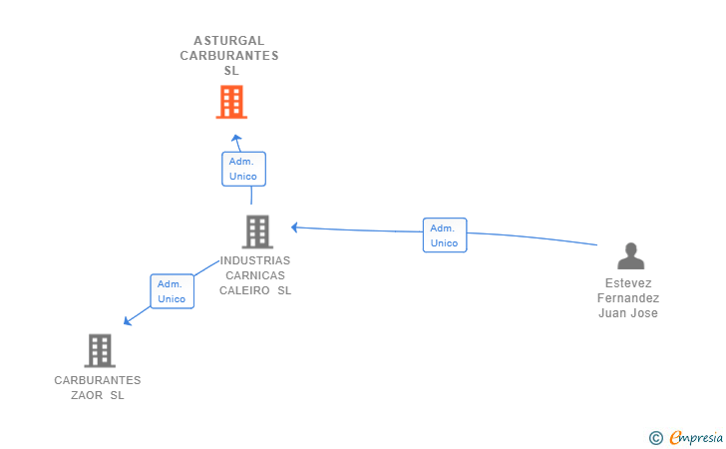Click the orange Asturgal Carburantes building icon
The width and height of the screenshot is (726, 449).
[x=231, y=102]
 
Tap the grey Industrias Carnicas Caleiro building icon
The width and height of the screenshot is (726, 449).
[x=257, y=231]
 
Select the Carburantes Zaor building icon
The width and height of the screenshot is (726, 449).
[x=99, y=350]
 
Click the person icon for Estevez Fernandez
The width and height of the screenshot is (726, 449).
[x=630, y=256]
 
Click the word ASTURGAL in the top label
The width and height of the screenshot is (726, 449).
[x=229, y=41]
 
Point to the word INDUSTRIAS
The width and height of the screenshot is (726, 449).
[x=255, y=260]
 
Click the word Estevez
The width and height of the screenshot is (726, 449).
[x=628, y=283]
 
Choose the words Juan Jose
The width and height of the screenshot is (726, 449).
[x=628, y=313]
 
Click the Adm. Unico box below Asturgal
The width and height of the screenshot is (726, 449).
[x=243, y=169]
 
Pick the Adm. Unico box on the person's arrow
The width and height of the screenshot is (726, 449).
[x=444, y=235]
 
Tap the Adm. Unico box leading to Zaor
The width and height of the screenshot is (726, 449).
[x=172, y=291]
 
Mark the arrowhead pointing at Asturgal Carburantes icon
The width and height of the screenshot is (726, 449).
[x=235, y=138]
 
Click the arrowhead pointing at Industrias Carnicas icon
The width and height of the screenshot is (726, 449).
[x=295, y=227]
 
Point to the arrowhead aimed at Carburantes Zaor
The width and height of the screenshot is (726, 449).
[x=128, y=320]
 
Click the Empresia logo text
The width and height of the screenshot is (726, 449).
[x=696, y=437]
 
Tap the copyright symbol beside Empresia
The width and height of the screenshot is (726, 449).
[x=655, y=437]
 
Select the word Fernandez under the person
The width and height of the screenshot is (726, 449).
[x=628, y=298]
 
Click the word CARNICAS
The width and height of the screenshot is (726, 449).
[x=255, y=275]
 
